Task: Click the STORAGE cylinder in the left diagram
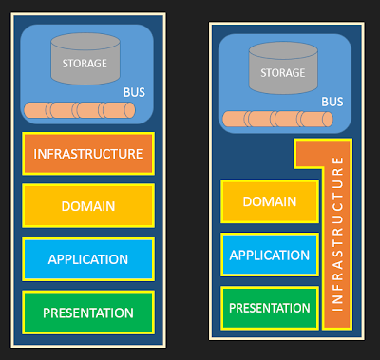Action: point(85,59)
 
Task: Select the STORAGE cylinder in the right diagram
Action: point(283,68)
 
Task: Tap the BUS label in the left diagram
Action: point(134,92)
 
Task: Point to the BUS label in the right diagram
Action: point(332,102)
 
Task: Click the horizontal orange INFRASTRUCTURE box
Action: point(88,154)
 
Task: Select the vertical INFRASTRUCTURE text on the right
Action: point(337,234)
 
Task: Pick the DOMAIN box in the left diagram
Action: point(88,206)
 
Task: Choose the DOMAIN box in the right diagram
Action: point(270,201)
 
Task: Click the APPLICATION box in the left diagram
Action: point(88,259)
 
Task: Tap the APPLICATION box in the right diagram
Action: point(270,255)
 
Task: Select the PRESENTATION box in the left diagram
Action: point(88,313)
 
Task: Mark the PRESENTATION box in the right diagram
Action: point(270,308)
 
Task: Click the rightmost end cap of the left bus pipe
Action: point(130,110)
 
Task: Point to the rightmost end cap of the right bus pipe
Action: point(328,120)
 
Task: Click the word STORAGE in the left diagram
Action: point(85,64)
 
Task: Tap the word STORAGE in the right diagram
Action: point(283,73)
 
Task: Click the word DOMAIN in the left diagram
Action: point(88,206)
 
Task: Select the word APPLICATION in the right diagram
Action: point(270,256)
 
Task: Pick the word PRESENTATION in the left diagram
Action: point(88,313)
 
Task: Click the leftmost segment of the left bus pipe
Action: point(36,110)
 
